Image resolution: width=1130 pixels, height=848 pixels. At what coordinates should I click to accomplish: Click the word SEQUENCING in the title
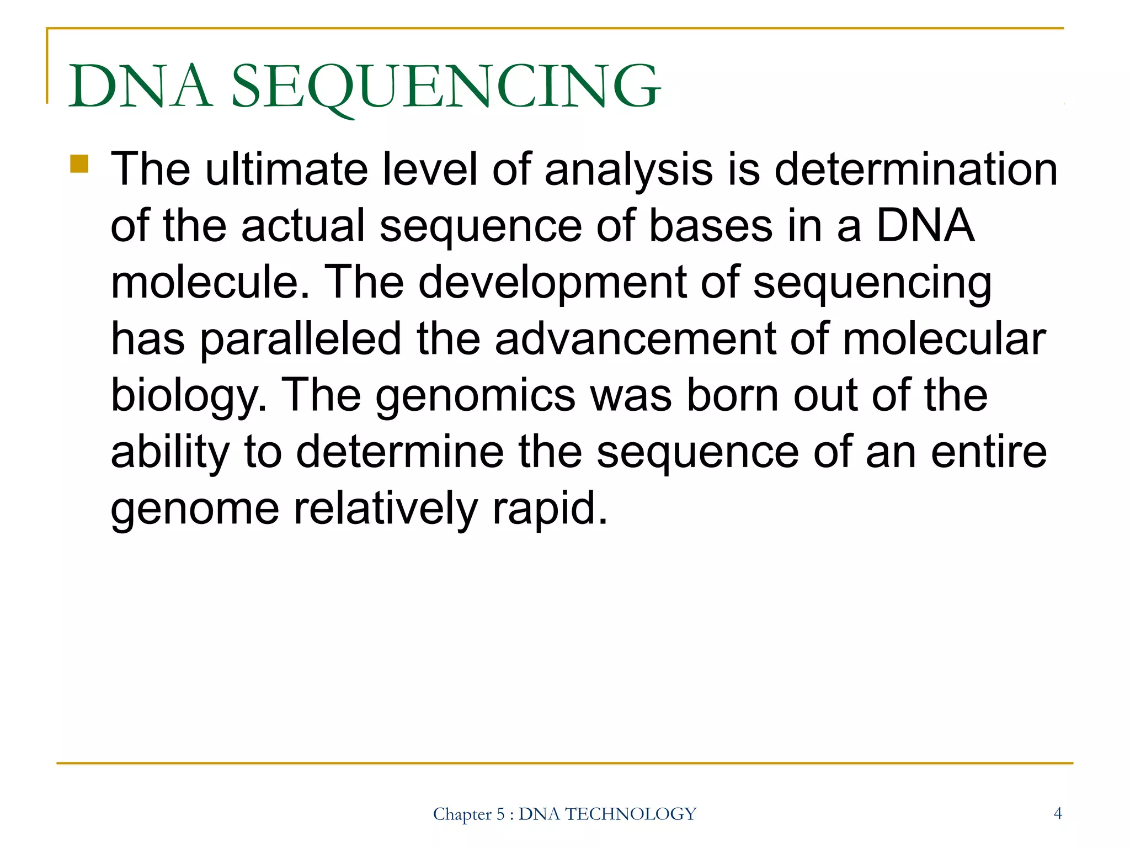tap(446, 87)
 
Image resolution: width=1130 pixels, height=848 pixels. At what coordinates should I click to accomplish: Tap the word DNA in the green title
tap(140, 87)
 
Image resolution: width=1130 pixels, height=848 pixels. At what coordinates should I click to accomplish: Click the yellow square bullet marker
tap(79, 164)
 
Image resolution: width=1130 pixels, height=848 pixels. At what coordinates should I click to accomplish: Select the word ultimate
tap(286, 169)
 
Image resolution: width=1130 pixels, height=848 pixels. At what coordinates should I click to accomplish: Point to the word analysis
tap(628, 170)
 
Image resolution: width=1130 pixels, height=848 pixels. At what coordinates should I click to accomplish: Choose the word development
tap(552, 283)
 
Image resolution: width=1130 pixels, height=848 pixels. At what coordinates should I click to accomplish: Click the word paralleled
tap(300, 339)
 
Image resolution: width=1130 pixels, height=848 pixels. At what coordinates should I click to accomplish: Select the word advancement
tap(635, 339)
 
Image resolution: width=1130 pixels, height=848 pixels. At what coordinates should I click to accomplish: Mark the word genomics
tap(476, 396)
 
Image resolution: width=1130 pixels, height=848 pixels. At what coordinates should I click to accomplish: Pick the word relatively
tap(385, 509)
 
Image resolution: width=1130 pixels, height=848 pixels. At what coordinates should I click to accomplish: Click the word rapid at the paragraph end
tap(549, 509)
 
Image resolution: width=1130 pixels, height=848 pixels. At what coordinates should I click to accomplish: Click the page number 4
tap(1058, 813)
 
